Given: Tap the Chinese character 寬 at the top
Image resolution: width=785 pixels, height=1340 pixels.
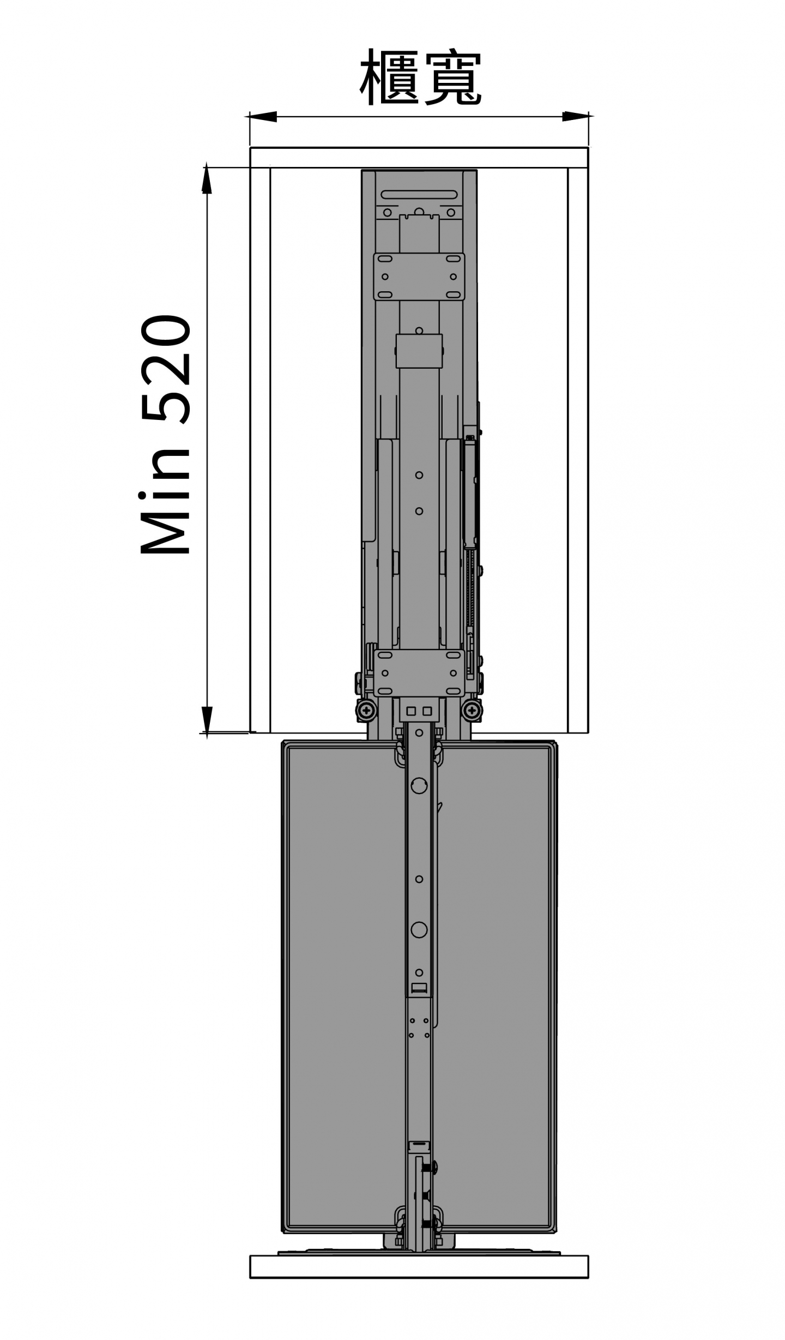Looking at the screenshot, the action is (451, 77).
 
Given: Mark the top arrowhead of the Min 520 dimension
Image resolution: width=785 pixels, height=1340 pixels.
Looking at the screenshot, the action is (207, 180).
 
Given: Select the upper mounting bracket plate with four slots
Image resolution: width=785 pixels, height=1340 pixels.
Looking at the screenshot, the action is (419, 277).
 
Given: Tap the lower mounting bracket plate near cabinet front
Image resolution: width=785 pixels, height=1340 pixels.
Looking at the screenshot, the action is (419, 673).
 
